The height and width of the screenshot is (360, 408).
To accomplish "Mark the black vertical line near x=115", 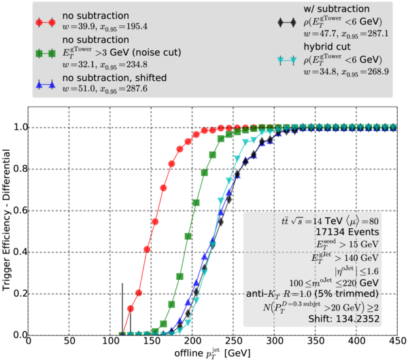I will (x=122, y=309).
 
